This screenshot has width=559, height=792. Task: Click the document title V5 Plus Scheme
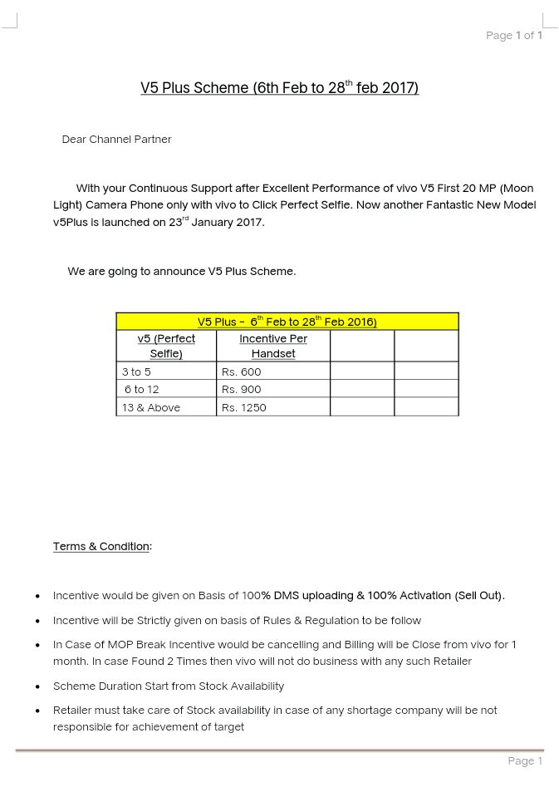[x=279, y=87]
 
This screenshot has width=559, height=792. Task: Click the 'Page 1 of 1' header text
[x=513, y=35]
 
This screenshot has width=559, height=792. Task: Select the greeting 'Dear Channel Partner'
[x=116, y=139]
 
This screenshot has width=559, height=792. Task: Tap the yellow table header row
[x=287, y=322]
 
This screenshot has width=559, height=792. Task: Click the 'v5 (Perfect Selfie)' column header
[x=166, y=346]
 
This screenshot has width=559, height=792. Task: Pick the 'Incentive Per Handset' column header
[x=272, y=346]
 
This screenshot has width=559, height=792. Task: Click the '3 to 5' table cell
[x=136, y=371]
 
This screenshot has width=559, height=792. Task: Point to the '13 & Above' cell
[x=150, y=407]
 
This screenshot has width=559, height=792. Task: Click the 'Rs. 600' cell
[x=241, y=371]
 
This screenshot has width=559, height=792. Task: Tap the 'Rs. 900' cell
[x=241, y=389]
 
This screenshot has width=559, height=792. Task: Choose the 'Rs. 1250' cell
[x=243, y=407]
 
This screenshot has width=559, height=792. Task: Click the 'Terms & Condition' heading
[x=101, y=546]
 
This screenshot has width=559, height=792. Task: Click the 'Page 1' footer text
[x=525, y=760]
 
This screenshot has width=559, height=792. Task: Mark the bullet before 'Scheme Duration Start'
[x=37, y=687]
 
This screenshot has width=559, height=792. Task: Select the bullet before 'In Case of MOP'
[x=37, y=646]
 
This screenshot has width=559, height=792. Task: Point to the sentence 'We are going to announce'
[x=181, y=271]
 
